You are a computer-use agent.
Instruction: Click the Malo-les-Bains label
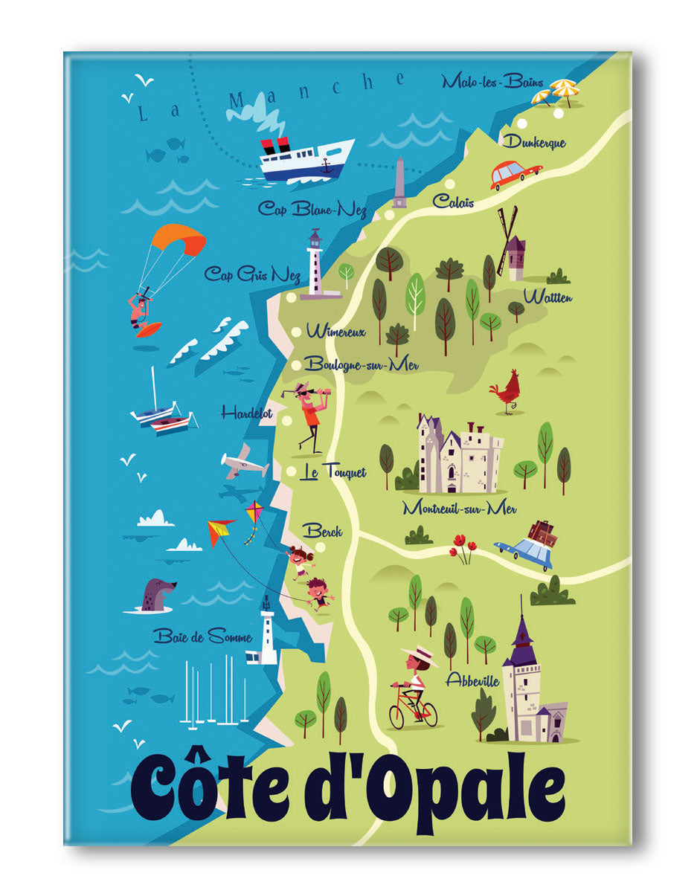[492, 82]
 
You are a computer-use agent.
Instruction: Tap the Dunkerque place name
[533, 142]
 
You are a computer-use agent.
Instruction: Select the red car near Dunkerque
[514, 174]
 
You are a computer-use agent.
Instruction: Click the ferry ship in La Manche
[306, 158]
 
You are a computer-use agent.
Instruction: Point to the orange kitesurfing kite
[178, 239]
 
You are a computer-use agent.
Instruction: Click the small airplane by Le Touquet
[243, 463]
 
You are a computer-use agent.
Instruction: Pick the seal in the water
[155, 596]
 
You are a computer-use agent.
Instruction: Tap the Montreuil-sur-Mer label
[459, 509]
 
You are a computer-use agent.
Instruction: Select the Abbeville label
[472, 680]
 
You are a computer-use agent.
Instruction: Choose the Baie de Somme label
[202, 636]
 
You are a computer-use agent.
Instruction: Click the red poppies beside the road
[462, 547]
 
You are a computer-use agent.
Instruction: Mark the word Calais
[453, 202]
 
